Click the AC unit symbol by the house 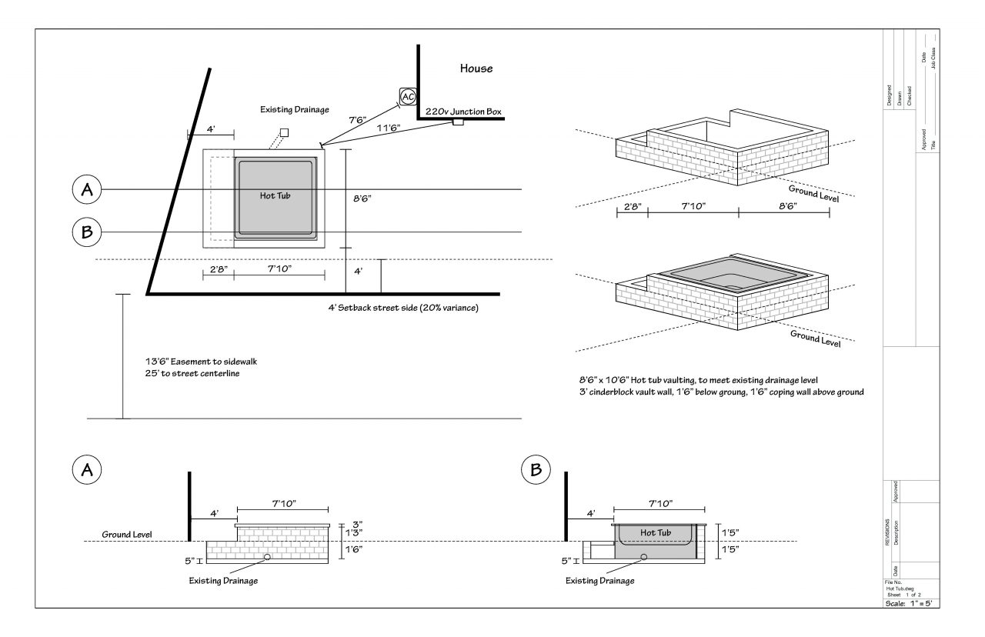[x=408, y=97]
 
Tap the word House [x=476, y=68]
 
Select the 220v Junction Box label [x=463, y=112]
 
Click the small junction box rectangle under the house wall [x=458, y=122]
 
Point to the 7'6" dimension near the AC [x=357, y=121]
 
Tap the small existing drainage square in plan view [x=284, y=132]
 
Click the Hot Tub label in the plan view [x=275, y=195]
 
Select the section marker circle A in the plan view [x=87, y=190]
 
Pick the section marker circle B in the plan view [x=87, y=232]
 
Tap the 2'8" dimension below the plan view [x=218, y=269]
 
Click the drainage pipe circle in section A [x=267, y=556]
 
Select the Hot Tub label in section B [x=656, y=532]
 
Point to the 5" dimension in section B [x=566, y=561]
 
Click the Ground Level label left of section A [x=127, y=535]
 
